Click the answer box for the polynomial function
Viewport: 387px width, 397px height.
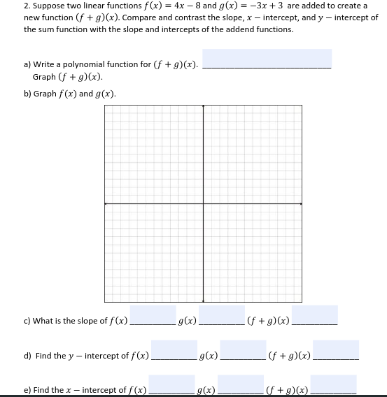(267, 58)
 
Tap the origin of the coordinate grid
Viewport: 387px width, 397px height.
(204, 203)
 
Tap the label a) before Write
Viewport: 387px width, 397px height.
(27, 65)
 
